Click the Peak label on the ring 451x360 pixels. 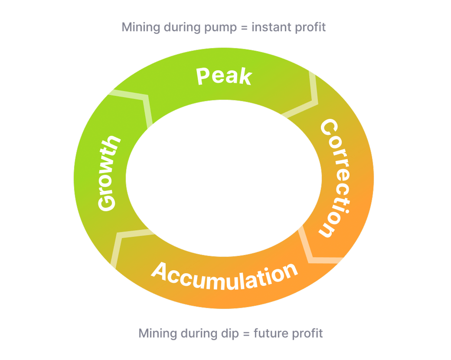(x=224, y=76)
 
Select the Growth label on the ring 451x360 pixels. (x=108, y=174)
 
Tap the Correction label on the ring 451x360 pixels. (x=334, y=178)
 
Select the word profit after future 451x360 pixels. (x=307, y=334)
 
